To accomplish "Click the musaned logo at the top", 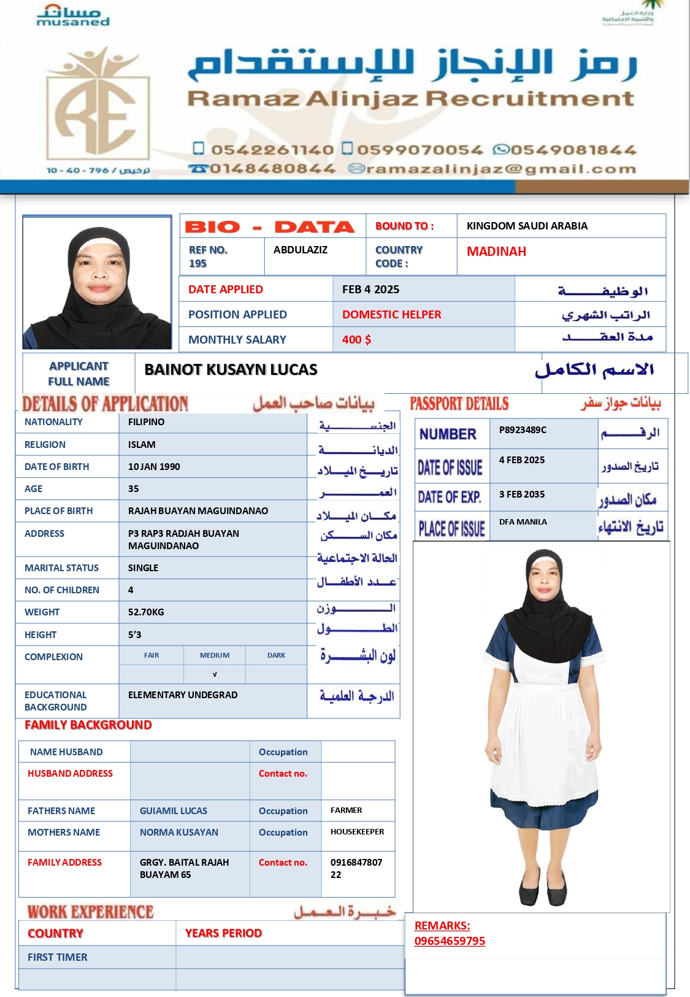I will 73,17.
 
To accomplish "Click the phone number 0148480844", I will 272,169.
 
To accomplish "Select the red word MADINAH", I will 496,252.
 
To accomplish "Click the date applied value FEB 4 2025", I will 370,290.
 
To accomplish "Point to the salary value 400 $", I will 356,340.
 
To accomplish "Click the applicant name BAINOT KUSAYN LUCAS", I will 231,369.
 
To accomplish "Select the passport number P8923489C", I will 523,430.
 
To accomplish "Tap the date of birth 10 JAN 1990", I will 154,467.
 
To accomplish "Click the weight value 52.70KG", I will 146,612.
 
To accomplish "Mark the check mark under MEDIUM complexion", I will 215,674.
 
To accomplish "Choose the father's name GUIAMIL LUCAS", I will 174,811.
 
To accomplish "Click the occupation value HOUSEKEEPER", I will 357,832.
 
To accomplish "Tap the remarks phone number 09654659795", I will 450,941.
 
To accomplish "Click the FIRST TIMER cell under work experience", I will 58,957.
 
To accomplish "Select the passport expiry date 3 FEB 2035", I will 522,495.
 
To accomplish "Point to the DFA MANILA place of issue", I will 523,522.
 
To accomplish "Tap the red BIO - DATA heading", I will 270,227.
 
